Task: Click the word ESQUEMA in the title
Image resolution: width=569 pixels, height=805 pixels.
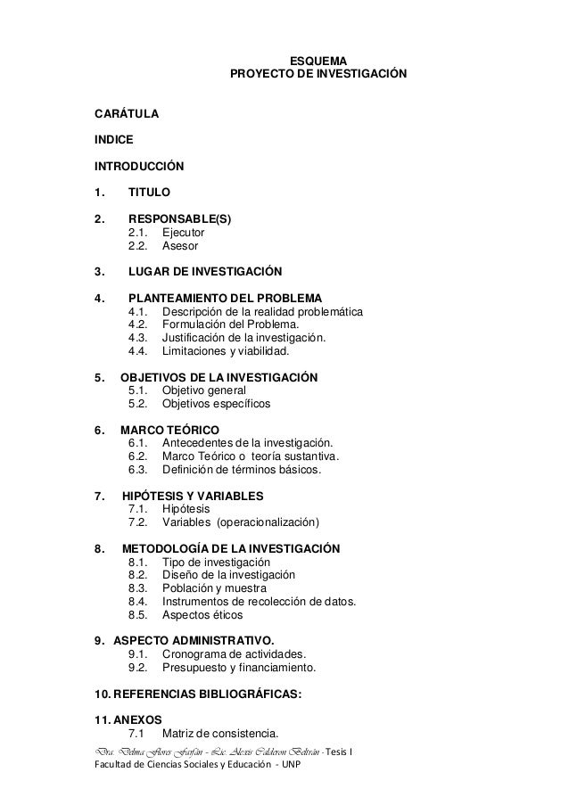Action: [x=318, y=61]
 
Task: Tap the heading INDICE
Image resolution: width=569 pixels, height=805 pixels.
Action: [x=113, y=140]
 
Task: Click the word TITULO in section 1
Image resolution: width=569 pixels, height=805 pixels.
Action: [x=149, y=192]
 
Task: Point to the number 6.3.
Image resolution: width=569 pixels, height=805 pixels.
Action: [x=138, y=470]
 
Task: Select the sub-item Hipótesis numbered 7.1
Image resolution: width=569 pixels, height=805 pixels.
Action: [x=186, y=509]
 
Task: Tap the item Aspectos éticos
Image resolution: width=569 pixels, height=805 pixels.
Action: [x=202, y=615]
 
